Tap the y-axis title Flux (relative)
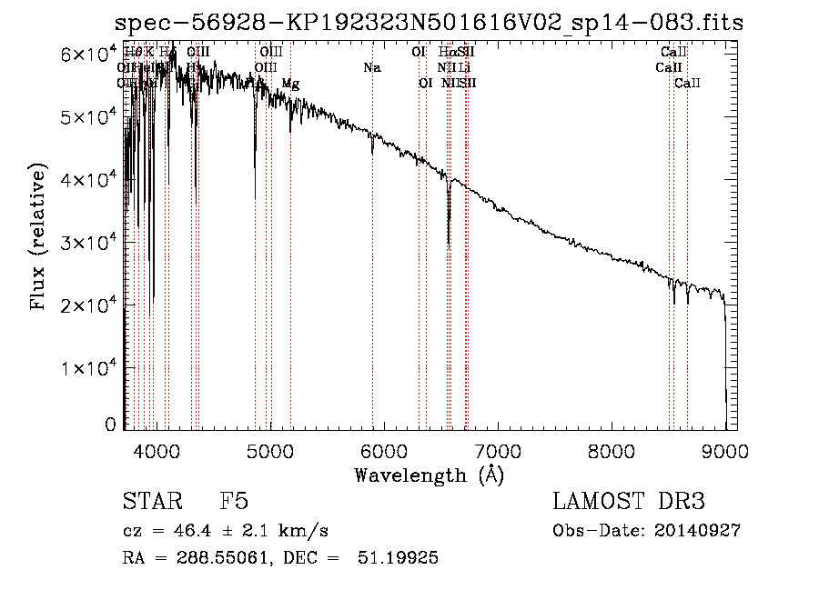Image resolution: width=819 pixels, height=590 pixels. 38,237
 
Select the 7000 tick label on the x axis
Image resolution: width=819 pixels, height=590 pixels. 498,449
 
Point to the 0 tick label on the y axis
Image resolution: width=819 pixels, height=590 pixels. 110,425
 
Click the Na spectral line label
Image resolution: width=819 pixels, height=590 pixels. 371,67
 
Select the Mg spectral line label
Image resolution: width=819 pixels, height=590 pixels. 290,84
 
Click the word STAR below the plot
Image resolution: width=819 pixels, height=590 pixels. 146,502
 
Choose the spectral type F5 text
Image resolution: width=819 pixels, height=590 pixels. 234,502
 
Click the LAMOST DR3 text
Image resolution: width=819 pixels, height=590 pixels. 629,502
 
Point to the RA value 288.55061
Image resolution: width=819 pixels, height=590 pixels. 217,558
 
